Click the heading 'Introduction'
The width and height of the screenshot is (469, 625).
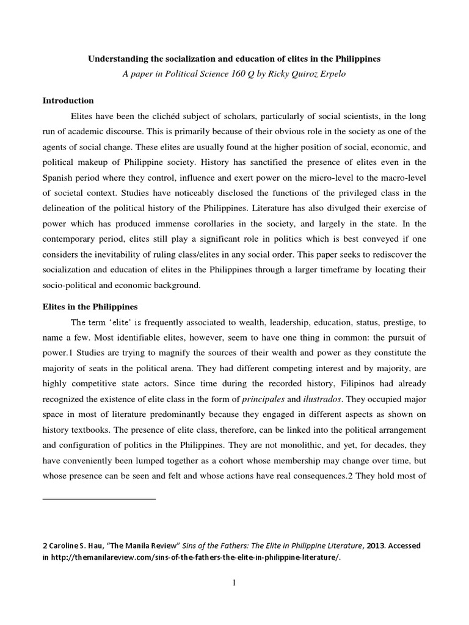(x=68, y=100)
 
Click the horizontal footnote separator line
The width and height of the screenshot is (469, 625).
(x=99, y=499)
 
